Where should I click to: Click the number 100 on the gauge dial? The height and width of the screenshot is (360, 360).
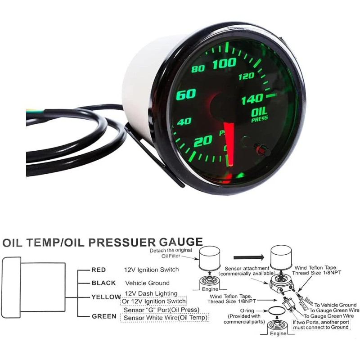pos(224,64)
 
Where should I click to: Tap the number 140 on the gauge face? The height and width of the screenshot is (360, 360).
pos(252,100)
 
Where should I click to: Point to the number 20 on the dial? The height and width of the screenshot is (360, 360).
pos(202,141)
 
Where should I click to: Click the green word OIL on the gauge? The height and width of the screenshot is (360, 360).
pos(260,111)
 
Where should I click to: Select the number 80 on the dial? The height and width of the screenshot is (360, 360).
pos(198,69)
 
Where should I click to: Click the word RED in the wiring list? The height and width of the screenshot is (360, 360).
pos(99,270)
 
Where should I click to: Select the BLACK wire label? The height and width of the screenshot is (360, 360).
pos(103,283)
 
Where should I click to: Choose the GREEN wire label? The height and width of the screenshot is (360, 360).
pos(104,316)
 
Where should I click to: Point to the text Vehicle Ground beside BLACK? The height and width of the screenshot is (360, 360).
pos(147,283)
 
